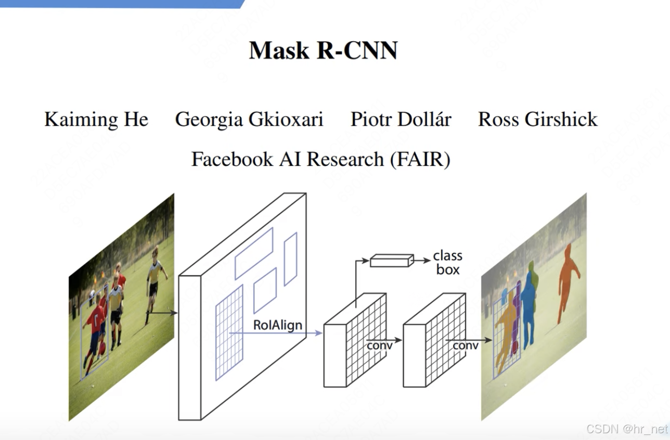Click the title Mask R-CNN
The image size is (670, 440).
[x=323, y=51]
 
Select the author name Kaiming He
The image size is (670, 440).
[x=96, y=120]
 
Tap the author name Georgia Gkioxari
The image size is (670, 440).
[x=249, y=120]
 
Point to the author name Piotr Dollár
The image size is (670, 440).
[x=401, y=120]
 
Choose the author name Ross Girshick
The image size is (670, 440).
[x=538, y=120]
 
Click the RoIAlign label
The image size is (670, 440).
[x=277, y=325]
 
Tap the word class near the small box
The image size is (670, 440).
[x=447, y=256]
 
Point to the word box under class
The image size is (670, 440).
[x=447, y=270]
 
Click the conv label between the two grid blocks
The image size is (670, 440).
[x=379, y=345]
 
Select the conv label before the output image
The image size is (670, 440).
[x=465, y=345]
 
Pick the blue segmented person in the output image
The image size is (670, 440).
[x=529, y=309]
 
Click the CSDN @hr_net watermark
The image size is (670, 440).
[x=626, y=429]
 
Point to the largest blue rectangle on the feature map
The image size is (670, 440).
[x=229, y=333]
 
